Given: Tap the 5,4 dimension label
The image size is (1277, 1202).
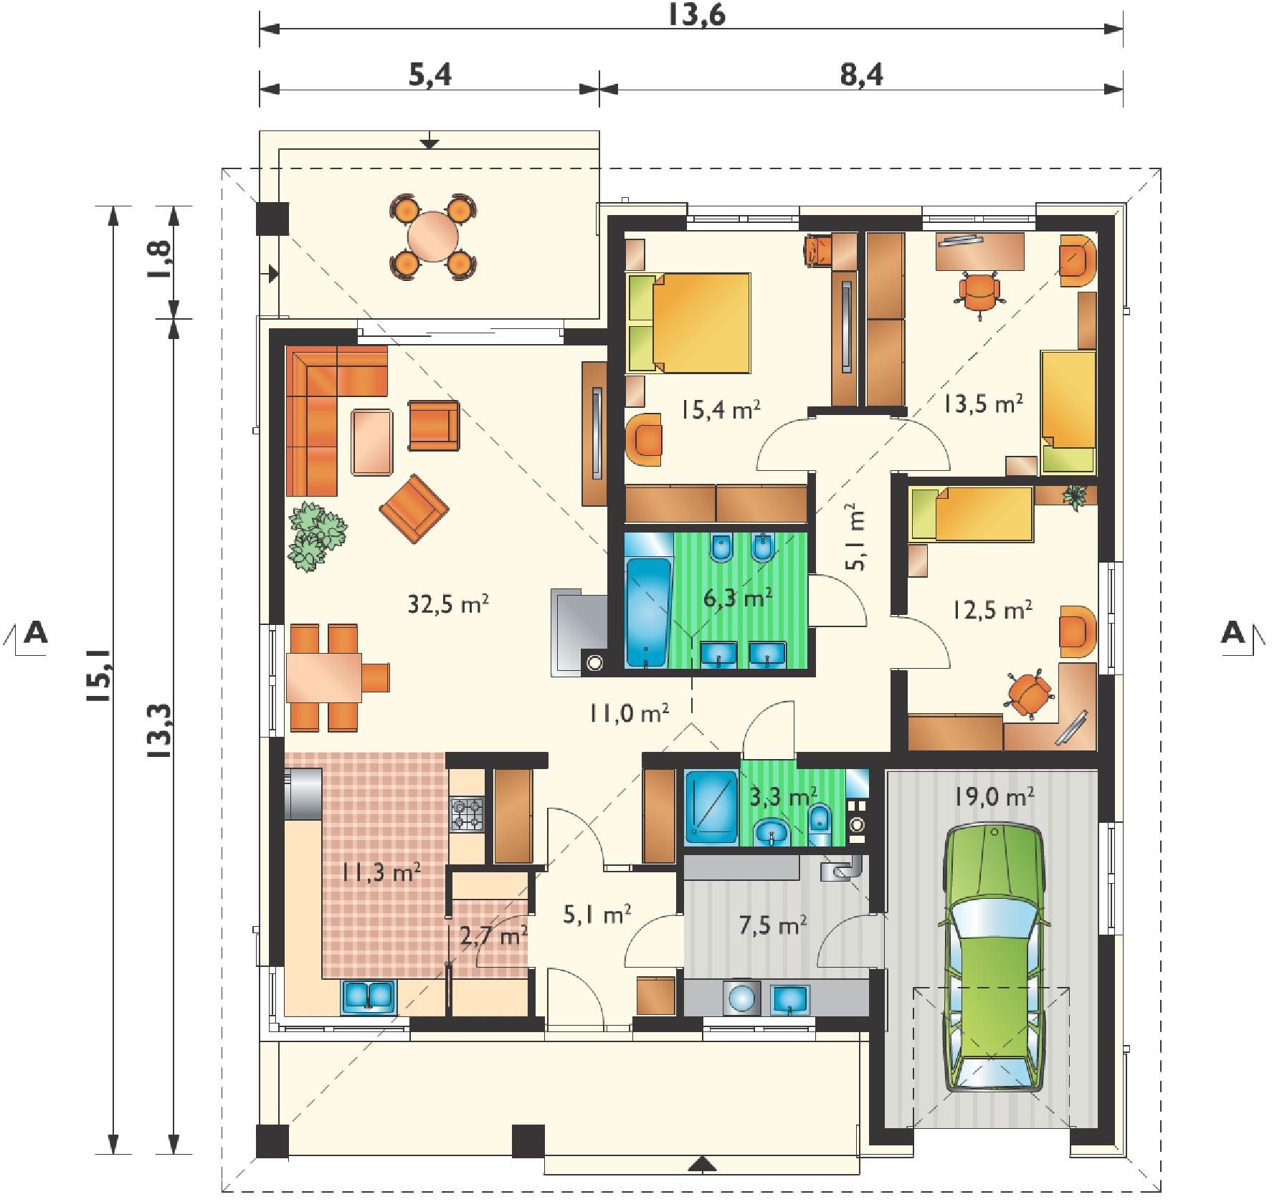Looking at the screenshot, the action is point(430,74).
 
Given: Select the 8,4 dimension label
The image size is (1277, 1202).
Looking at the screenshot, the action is point(861,74).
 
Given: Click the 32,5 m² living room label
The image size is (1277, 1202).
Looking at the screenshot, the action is point(448,604).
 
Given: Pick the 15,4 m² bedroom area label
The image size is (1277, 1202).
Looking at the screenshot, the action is point(720,409).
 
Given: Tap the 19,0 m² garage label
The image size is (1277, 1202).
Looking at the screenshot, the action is point(994,796).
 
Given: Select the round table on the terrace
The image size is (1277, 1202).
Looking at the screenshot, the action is point(433,237).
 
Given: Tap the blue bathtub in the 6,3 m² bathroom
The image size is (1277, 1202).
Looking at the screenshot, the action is point(648,612).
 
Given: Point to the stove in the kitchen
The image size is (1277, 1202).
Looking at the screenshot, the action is point(467,814).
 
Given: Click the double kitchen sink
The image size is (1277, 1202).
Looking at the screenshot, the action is point(369,996).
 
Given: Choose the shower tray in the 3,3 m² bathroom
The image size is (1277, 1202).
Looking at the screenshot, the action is point(711,806).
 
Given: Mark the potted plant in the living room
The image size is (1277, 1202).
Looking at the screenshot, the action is point(316,535).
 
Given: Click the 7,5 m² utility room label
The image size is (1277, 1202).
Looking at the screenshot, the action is point(772,925).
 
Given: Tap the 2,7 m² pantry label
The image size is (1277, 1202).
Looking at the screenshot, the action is point(493,935).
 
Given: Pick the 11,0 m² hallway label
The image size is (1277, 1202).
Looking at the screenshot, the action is point(629,712).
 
